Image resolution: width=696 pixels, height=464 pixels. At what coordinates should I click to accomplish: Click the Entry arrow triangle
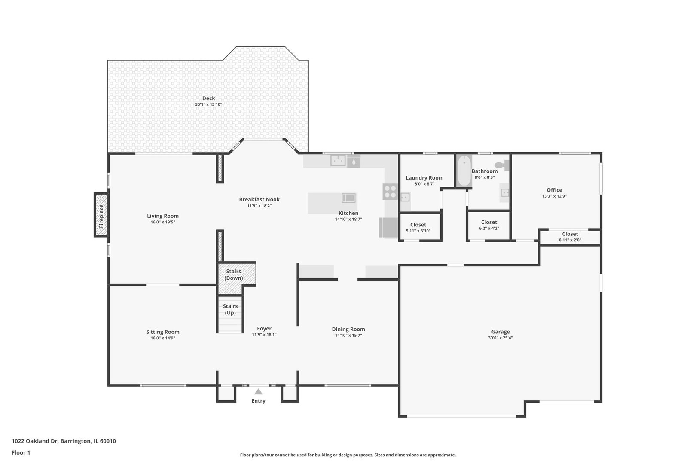coord(258,391)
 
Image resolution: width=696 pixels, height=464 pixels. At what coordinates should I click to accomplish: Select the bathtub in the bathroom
coord(464,171)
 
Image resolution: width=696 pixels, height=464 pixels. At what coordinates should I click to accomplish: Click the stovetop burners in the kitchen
coord(390,192)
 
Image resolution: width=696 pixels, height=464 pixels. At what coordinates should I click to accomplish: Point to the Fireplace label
coord(101,216)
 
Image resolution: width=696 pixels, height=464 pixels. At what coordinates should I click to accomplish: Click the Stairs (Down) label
coord(234,275)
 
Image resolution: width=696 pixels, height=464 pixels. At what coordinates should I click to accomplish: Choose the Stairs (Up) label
coord(230,309)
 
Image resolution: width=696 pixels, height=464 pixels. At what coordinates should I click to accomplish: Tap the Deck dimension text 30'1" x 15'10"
coord(208,104)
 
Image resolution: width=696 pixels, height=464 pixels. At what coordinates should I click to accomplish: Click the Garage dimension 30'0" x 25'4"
coord(500,338)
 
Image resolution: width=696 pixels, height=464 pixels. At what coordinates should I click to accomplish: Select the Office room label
coord(554,190)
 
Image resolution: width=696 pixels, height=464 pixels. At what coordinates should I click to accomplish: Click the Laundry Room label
coord(424,178)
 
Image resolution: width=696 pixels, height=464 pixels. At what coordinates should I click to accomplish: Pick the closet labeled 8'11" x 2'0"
coord(570,236)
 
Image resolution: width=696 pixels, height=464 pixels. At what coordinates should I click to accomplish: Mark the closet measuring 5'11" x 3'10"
coord(418,227)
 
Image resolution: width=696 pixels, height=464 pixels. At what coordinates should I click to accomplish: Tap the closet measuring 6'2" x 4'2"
coord(489,225)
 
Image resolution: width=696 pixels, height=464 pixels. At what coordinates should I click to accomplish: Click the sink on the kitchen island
coord(348,198)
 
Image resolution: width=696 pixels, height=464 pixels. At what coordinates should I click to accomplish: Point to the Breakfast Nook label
coord(259,199)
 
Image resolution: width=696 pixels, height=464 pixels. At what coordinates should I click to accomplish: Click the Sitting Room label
coord(163,332)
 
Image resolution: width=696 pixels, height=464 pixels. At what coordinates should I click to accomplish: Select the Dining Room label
coord(348,329)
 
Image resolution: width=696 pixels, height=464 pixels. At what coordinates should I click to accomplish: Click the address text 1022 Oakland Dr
coord(35,441)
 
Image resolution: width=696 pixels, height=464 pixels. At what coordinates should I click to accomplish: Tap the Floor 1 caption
coord(21,452)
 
